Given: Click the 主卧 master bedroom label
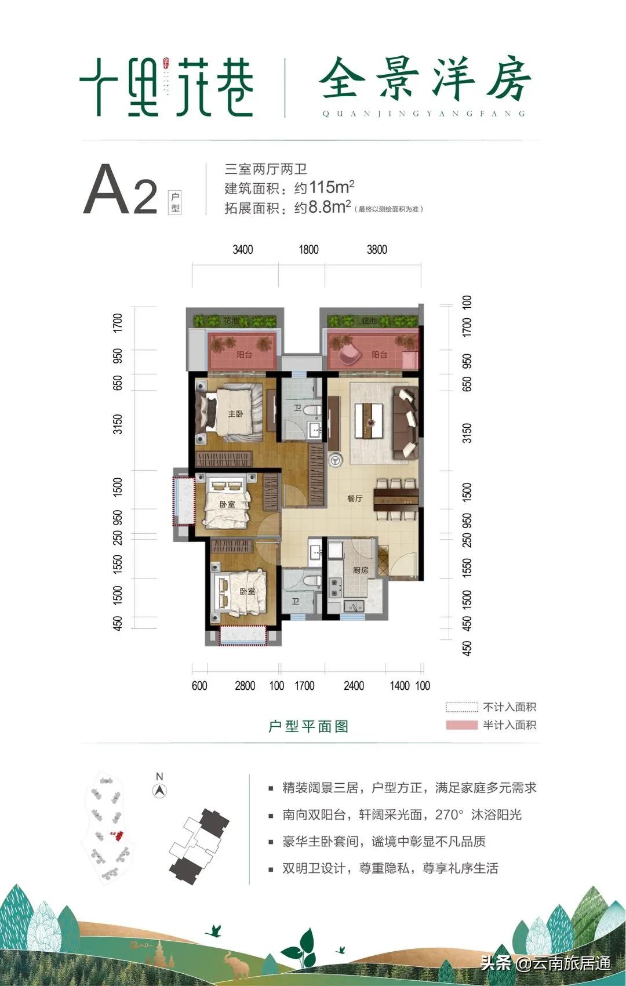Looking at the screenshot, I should tap(235, 414).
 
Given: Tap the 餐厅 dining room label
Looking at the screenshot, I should tap(355, 498).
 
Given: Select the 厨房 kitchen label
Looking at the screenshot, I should tap(361, 570).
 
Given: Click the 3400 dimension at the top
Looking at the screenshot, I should tap(243, 250).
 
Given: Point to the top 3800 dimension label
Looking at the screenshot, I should tap(377, 250).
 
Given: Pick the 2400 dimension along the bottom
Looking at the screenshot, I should tap(354, 686).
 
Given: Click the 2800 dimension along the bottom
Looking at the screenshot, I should tap(245, 686).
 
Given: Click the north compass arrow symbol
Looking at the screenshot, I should tap(159, 789).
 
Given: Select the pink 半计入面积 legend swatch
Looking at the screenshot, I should tap(461, 725).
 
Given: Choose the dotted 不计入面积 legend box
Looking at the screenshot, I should tap(461, 707).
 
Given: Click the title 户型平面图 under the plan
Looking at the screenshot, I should tap(308, 726).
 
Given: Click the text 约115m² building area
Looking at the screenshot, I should tap(324, 188).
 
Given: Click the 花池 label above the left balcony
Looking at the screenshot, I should tap(231, 321).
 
